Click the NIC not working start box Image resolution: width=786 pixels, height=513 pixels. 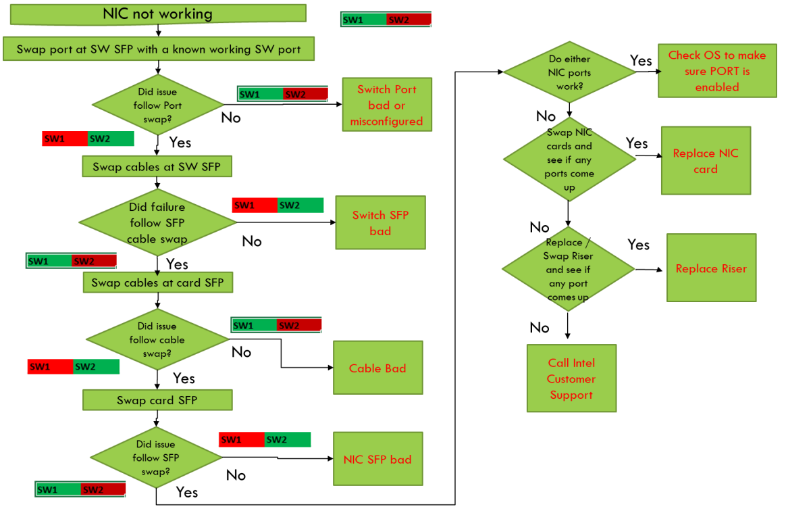point(157,14)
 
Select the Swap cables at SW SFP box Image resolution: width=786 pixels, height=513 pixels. point(157,166)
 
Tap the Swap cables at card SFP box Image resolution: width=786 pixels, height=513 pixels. point(157,283)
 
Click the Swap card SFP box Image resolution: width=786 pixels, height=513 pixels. point(157,400)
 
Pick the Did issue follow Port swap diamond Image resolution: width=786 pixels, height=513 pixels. point(157,105)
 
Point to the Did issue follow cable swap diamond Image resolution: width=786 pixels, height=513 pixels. point(157,339)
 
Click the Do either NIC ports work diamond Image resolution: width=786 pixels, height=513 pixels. point(569,72)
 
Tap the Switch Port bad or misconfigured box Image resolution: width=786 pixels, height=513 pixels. point(386,105)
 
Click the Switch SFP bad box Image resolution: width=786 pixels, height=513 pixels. point(380,222)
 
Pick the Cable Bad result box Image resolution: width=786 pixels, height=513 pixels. point(377,368)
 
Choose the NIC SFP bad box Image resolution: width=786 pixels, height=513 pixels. point(377,459)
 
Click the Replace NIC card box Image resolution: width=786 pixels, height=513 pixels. point(706,161)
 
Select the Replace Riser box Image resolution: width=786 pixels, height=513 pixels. point(711,268)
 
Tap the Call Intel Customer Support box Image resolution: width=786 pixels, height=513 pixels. point(571,378)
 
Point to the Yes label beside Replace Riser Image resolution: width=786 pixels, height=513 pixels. point(638,245)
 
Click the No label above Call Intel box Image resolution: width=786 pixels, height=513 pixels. point(540,328)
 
